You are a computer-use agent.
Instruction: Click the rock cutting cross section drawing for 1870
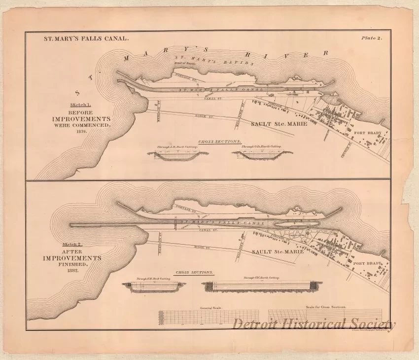(178, 154)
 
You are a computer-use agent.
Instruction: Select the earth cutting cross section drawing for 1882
(261, 286)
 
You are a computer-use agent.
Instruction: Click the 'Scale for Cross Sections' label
(326, 307)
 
